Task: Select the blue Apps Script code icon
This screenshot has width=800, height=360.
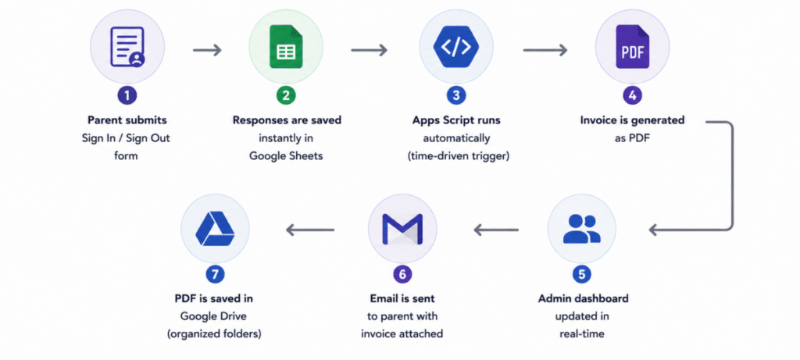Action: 455,46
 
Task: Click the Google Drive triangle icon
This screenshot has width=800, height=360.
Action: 215,229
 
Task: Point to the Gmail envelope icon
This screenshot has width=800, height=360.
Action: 402,229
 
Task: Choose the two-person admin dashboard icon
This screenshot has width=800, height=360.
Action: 581,229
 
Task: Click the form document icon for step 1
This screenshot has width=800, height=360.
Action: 127,46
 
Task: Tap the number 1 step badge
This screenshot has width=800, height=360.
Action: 127,95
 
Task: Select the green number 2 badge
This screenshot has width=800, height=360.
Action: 286,95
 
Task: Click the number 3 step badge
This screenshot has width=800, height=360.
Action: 455,95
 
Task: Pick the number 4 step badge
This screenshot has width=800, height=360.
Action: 632,95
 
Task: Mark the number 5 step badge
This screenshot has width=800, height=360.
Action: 581,274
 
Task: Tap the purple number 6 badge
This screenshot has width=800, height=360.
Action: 402,274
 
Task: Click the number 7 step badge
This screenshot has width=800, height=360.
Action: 215,274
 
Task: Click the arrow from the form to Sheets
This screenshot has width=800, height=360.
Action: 207,50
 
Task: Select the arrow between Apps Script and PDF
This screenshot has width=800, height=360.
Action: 545,50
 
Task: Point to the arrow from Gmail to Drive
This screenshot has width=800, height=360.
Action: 310,230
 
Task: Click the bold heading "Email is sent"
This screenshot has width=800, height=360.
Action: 402,298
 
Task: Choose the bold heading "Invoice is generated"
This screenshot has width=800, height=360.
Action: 632,120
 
